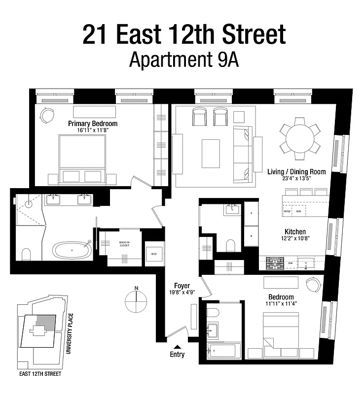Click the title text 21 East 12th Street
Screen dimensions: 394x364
click(x=184, y=34)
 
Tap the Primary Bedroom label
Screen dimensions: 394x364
click(x=93, y=123)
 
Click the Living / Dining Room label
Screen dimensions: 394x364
click(x=296, y=172)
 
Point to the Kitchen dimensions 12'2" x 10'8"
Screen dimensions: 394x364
click(x=295, y=240)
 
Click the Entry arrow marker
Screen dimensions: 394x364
click(x=178, y=347)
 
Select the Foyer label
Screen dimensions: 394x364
click(x=182, y=286)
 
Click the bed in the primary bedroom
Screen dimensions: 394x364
click(x=82, y=158)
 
